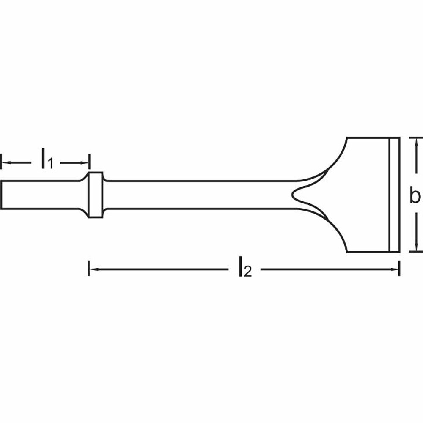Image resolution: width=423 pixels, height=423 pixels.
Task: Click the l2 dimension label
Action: click(244, 269)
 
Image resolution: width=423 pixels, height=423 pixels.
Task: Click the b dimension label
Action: click(415, 195)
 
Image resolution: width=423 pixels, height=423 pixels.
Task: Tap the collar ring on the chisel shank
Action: click(95, 195)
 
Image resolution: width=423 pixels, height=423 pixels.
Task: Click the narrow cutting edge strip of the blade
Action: click(394, 195)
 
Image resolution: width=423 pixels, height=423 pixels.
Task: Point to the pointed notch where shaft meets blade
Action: click(293, 195)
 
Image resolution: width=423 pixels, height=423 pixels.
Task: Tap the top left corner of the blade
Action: click(347, 138)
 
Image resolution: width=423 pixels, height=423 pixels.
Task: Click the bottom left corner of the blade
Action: click(347, 252)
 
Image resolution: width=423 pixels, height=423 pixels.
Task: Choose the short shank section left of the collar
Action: click(40, 195)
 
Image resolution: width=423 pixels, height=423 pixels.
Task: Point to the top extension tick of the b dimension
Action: click(415, 137)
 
